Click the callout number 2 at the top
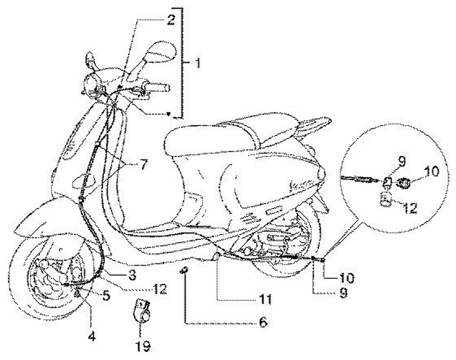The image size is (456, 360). [170, 19]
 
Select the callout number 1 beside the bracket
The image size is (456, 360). [199, 63]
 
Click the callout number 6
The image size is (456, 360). [262, 322]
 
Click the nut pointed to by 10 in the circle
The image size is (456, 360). [403, 184]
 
